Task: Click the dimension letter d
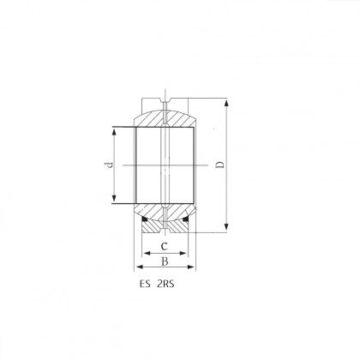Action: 109,165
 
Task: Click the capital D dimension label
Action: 219,165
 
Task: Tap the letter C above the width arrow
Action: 164,246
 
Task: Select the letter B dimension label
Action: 165,261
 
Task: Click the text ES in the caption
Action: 145,285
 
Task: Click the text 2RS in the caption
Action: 165,285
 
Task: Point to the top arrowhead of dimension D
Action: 226,103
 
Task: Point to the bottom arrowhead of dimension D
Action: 226,226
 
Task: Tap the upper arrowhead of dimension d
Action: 114,132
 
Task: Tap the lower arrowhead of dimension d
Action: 114,198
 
